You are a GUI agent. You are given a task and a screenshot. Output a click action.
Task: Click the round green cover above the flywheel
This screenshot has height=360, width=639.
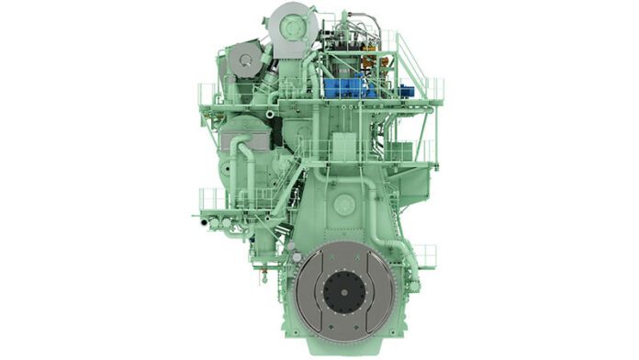tap(346, 204)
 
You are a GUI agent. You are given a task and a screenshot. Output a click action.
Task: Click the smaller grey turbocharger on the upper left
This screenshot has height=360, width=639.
tap(244, 63)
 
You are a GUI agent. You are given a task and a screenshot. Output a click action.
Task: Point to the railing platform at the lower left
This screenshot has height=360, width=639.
tap(213, 200)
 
